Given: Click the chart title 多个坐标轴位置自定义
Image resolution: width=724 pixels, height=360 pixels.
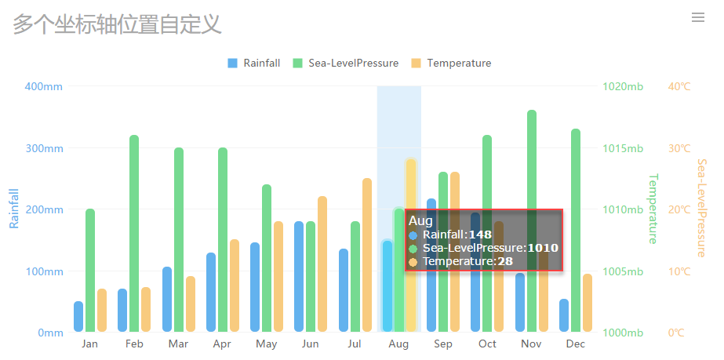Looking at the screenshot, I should click(x=118, y=24).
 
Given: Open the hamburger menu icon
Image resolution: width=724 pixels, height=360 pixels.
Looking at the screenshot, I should click(x=698, y=18).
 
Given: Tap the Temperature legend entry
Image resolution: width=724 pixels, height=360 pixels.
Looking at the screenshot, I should click(x=451, y=64).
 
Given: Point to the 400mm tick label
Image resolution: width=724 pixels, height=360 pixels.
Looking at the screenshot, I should click(x=44, y=86).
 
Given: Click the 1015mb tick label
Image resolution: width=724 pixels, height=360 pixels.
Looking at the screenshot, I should click(x=623, y=148).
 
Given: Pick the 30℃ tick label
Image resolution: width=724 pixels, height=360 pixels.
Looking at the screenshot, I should click(x=679, y=148).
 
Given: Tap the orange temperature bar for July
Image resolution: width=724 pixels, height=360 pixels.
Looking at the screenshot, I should click(x=367, y=255).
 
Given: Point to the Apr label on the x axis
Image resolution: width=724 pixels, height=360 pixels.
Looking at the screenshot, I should click(x=222, y=344).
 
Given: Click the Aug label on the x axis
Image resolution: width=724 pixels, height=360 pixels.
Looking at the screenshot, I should click(x=398, y=344).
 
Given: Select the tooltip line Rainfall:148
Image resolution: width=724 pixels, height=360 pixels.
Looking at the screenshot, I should click(x=457, y=235).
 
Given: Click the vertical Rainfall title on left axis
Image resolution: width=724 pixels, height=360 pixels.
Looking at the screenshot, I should click(x=13, y=208).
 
